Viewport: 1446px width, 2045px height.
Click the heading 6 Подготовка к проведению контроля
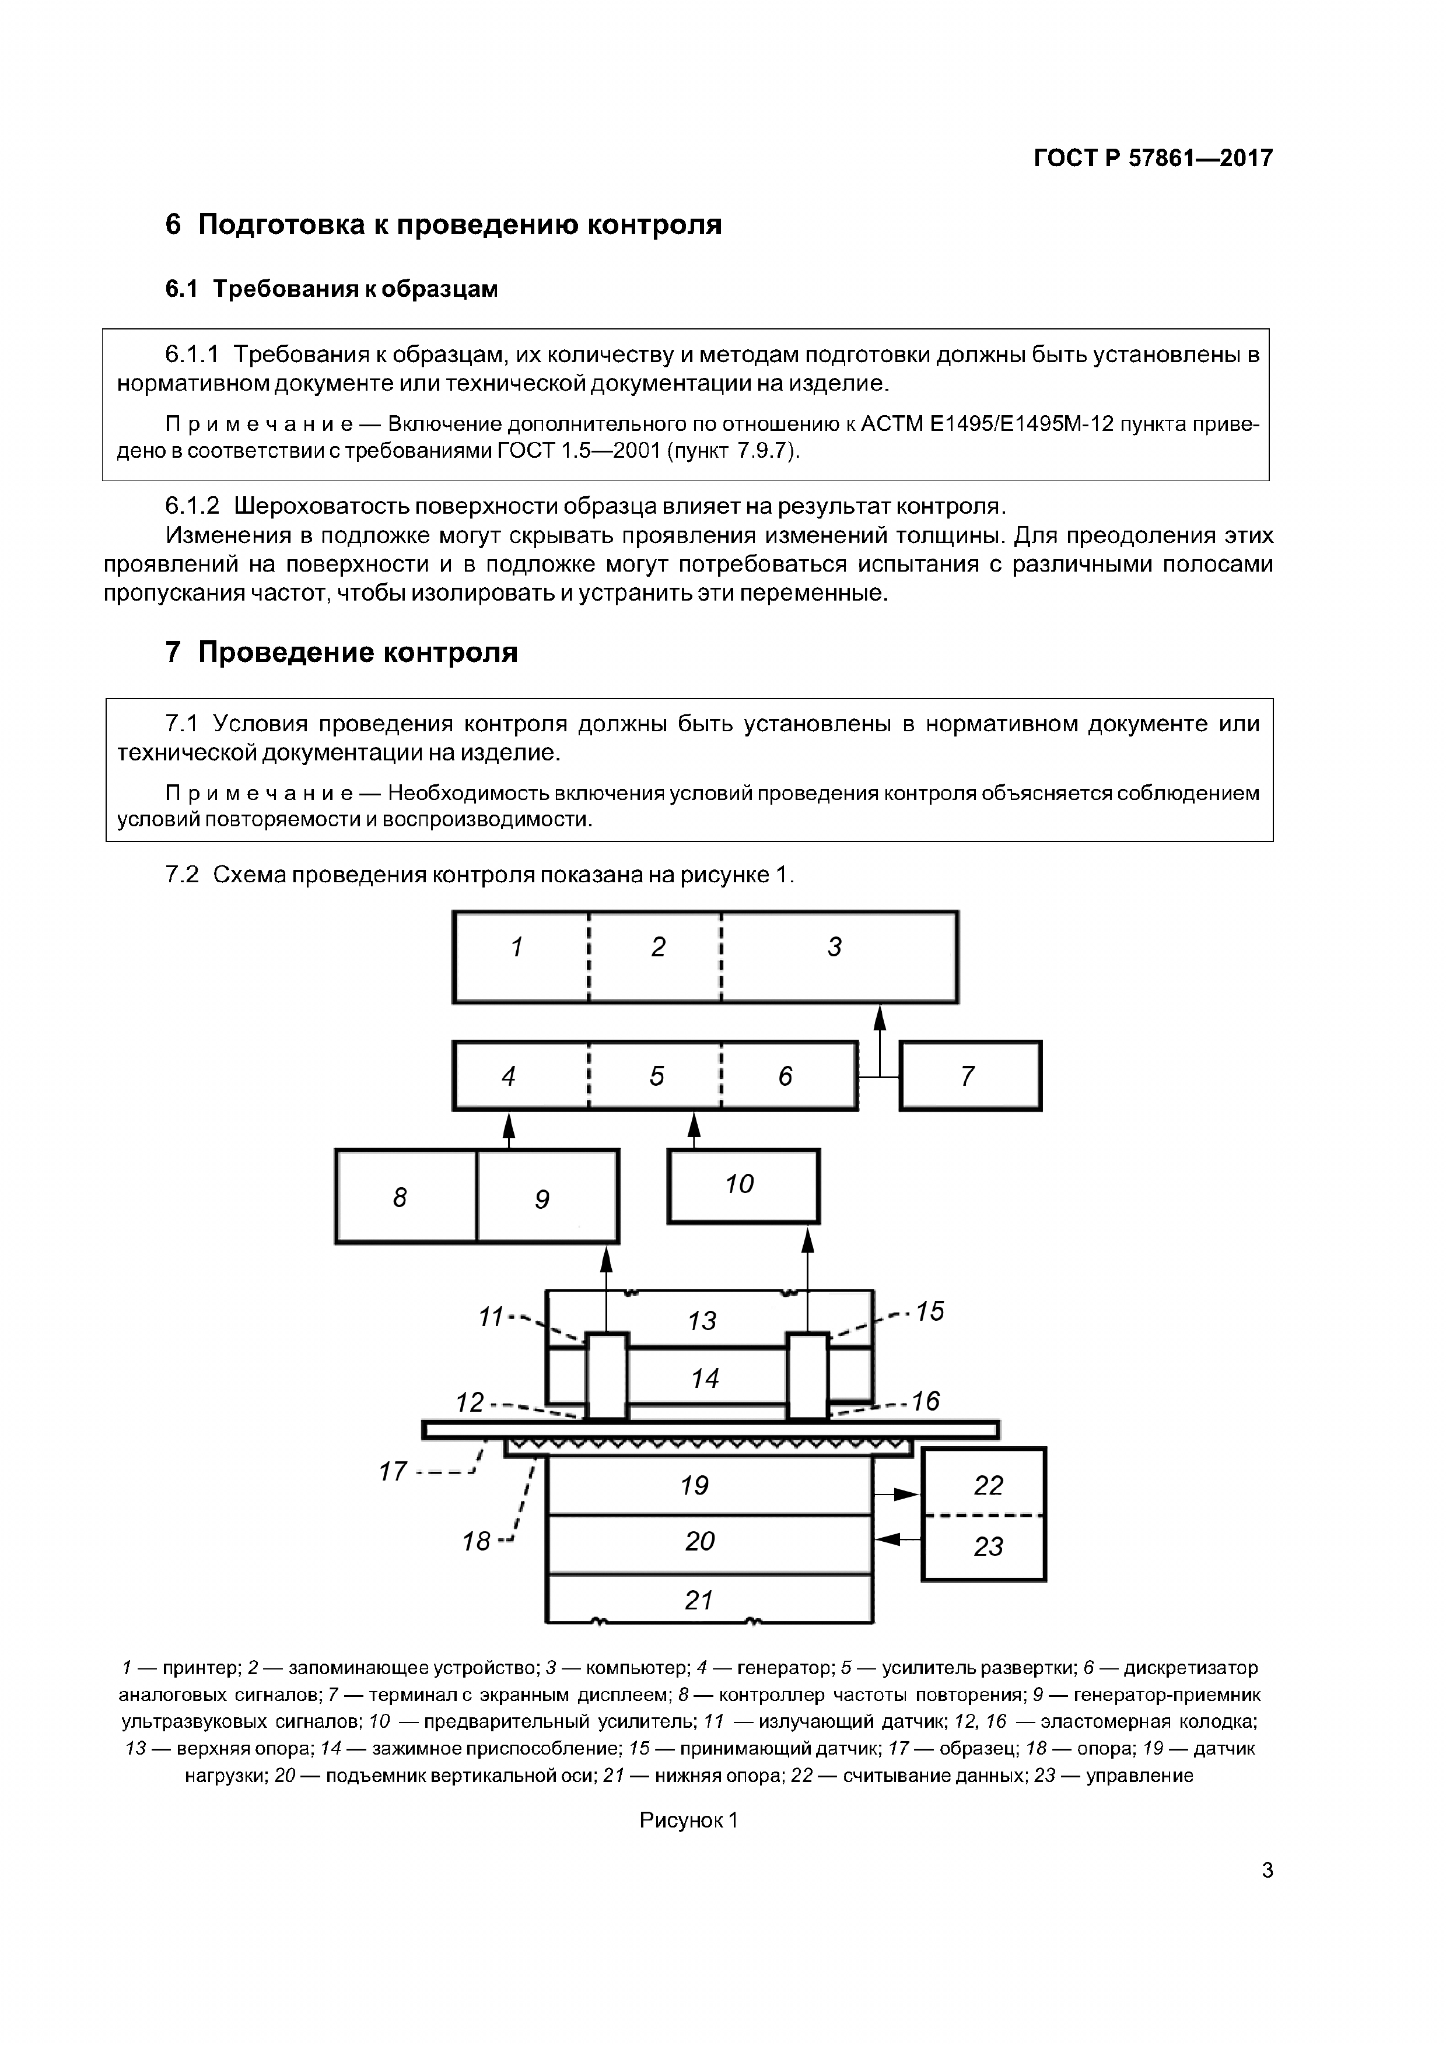pos(443,225)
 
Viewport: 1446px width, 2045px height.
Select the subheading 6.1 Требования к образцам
pos(331,289)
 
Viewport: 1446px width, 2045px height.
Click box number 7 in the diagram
pos(969,1076)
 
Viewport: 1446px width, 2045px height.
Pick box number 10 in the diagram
pos(743,1185)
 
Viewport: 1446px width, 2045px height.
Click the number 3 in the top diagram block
pos(835,947)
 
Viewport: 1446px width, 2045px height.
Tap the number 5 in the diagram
pos(657,1076)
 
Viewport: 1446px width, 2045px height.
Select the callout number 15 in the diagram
pos(929,1311)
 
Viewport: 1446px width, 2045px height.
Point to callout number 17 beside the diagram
pos(393,1471)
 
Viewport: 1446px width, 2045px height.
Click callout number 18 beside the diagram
pos(477,1540)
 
